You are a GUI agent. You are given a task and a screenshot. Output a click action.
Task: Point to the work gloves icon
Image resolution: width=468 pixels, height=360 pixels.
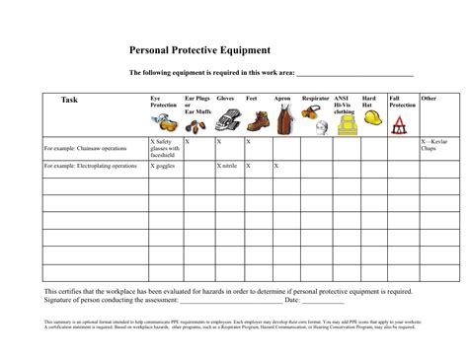click(226, 121)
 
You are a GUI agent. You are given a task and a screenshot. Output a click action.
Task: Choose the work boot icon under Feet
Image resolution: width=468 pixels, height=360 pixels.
click(257, 121)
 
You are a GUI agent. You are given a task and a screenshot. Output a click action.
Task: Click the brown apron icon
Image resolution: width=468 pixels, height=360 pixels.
click(284, 120)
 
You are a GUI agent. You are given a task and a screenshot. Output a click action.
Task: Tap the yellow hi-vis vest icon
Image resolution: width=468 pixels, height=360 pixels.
click(345, 123)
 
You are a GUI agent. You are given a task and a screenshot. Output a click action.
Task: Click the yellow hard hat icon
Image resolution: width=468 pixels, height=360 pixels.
click(373, 117)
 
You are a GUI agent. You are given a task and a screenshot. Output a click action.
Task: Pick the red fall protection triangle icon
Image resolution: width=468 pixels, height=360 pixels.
click(400, 124)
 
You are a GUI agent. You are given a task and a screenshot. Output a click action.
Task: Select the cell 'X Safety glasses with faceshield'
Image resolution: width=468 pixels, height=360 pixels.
click(164, 148)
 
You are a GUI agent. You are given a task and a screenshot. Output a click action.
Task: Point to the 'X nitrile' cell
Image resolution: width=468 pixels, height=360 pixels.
click(227, 166)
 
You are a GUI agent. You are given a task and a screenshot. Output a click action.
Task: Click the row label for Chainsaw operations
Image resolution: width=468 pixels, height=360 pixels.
click(85, 149)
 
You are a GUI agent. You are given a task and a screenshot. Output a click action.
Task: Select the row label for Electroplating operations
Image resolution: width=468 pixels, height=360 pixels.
click(90, 166)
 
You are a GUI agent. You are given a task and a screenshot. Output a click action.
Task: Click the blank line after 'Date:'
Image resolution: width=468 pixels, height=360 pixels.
click(323, 302)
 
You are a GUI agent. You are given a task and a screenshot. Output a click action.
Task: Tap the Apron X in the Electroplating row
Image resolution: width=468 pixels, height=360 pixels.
click(277, 166)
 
